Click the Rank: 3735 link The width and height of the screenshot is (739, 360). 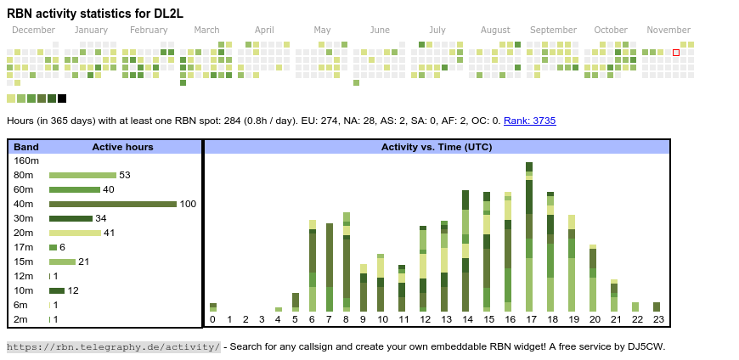pos(529,121)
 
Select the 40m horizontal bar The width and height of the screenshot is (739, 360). pos(112,204)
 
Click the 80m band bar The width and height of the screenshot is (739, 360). pos(82,175)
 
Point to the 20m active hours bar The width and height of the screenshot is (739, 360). pos(74,233)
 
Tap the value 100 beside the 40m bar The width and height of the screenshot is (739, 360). pos(188,204)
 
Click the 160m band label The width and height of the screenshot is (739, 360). pos(26,160)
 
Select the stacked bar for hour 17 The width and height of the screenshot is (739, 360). pos(529,237)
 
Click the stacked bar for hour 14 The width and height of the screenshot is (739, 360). pos(465,251)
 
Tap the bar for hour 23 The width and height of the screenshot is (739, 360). pos(657,307)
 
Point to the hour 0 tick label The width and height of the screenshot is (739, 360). pos(212,319)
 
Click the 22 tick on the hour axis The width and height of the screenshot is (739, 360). pos(635,319)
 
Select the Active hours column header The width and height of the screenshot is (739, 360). pos(122,147)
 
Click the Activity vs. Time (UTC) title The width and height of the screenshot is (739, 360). pos(437,147)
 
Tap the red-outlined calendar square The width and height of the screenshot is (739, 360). pos(676,53)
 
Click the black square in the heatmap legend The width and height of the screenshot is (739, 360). pos(62,98)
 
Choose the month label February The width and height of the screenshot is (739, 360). pos(149,31)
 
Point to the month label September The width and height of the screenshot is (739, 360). pos(553,31)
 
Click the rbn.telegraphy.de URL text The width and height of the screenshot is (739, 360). pos(113,346)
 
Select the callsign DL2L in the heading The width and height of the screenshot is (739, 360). pos(166,14)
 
